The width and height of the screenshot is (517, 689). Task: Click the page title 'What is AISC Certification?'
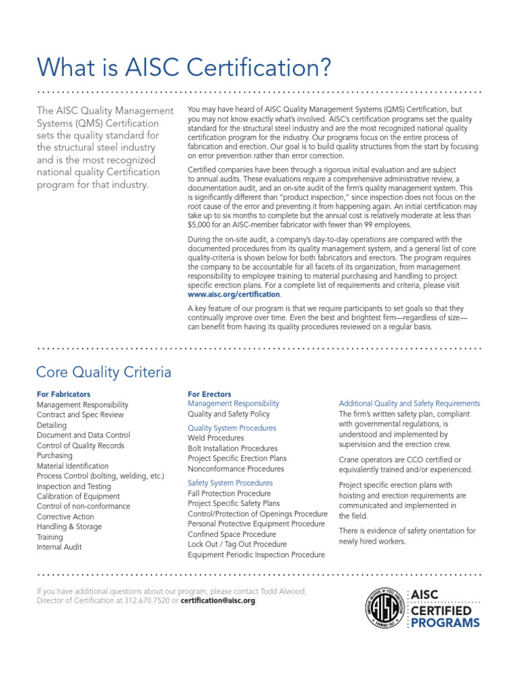tap(184, 67)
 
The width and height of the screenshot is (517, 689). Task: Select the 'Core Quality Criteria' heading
tap(104, 372)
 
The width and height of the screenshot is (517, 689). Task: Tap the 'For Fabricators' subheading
tap(63, 394)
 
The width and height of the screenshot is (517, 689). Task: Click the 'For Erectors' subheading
tap(209, 394)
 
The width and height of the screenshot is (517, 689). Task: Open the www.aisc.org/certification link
tap(234, 295)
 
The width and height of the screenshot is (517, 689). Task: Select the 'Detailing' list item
tap(52, 425)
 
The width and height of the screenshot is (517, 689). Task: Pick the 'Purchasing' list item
tap(55, 456)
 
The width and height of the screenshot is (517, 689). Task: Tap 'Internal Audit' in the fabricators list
tap(59, 547)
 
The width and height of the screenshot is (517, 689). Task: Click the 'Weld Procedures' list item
tap(215, 438)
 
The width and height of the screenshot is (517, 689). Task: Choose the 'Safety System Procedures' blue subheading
tap(230, 483)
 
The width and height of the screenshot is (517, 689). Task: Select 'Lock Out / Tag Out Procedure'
tap(237, 544)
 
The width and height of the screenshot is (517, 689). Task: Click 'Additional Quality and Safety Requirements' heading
tap(409, 404)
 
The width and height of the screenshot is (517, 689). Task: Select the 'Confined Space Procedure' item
tap(232, 534)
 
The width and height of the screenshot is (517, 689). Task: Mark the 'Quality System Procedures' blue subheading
tap(232, 428)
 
